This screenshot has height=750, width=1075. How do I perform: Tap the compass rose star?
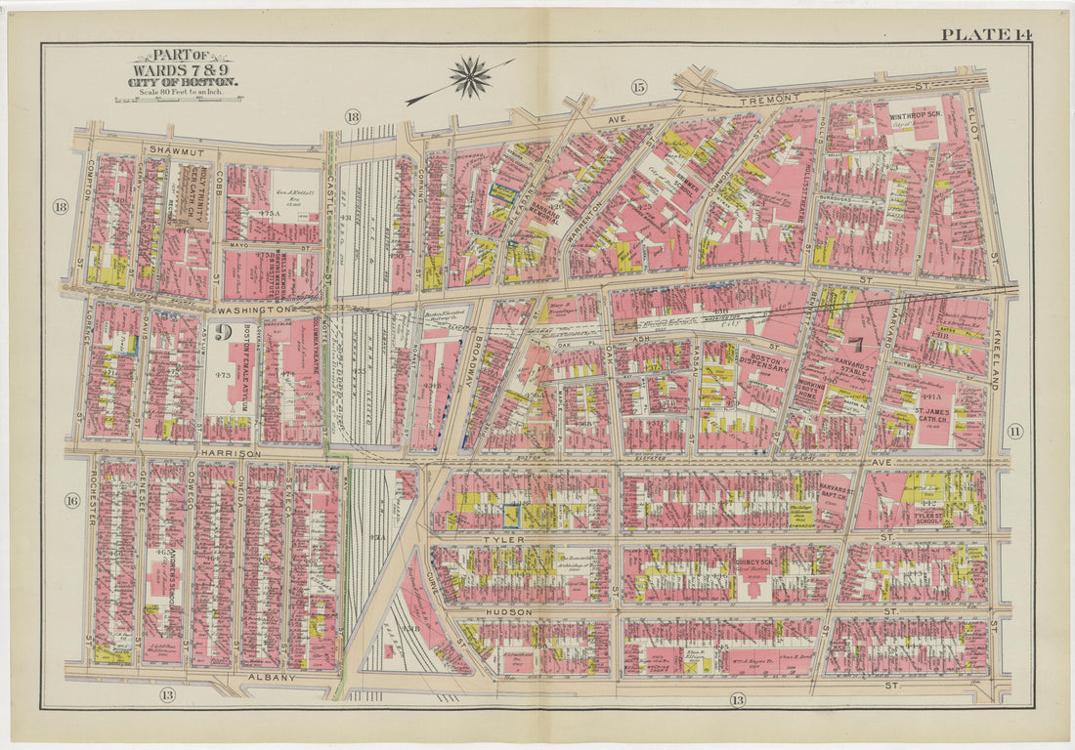pos(470,77)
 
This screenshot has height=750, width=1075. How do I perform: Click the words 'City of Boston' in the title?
pos(182,83)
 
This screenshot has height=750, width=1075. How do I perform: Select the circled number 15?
pos(639,88)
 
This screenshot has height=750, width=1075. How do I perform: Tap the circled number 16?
pos(71,501)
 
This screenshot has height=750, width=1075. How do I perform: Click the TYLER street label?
pos(501,539)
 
